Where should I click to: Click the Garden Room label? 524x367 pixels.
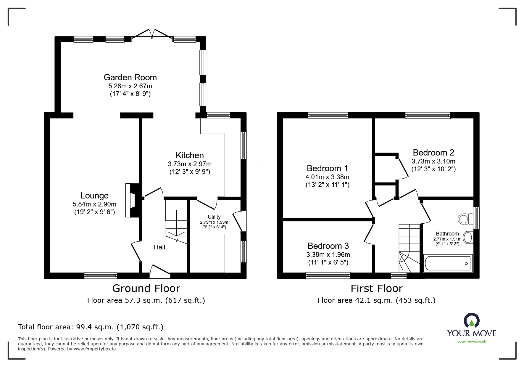pos(130,77)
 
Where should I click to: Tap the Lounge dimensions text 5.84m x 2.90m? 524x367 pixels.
pos(94,204)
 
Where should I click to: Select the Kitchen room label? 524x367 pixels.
pos(190,155)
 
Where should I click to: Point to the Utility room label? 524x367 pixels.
pos(214,217)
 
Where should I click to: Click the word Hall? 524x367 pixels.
pos(159,247)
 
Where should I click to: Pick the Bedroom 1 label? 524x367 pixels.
pos(327,168)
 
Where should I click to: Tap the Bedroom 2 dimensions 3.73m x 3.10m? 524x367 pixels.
pos(433,161)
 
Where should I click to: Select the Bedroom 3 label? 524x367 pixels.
pos(328,246)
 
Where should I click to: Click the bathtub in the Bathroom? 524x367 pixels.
pos(448,263)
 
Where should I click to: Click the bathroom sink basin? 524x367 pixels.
pos(468,237)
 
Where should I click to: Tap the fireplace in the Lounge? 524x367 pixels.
pos(132,200)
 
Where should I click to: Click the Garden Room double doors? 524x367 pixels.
pos(152,33)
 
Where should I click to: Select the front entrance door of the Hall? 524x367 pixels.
pos(160,271)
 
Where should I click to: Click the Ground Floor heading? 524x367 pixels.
pos(146,288)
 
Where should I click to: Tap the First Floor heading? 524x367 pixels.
pos(377,288)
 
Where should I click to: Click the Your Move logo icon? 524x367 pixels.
pos(472,320)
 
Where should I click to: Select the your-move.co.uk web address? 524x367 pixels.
pos(472,341)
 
